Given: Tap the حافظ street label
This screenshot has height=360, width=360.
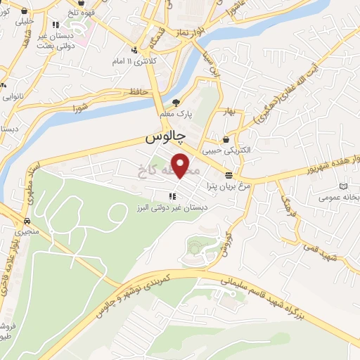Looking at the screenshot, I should pos(136,91).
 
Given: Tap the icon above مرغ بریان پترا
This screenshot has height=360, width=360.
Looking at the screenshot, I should pos(229,175).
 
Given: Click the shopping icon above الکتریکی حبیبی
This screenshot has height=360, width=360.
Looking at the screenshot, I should pos(226,139).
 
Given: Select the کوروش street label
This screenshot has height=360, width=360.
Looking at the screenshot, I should pos(226,243).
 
